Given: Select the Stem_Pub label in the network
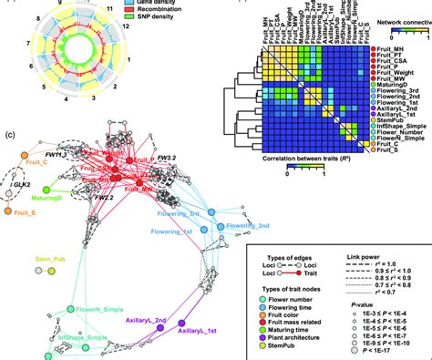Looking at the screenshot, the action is point(46,260).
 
